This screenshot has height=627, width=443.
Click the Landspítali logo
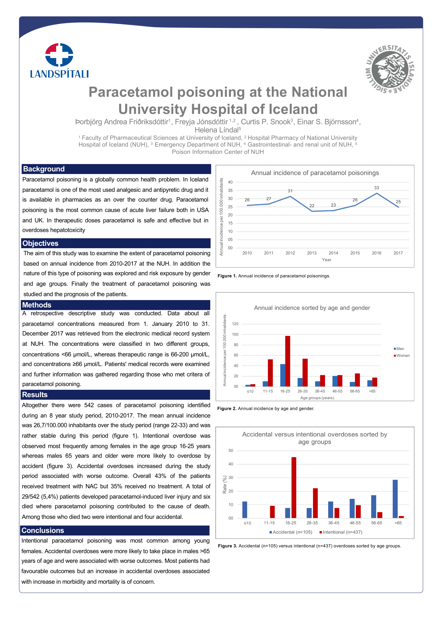pyautogui.click(x=59, y=61)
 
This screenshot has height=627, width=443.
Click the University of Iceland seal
pyautogui.click(x=390, y=69)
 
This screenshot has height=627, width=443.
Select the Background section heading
pyautogui.click(x=44, y=169)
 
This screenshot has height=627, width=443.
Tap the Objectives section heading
pyautogui.click(x=40, y=243)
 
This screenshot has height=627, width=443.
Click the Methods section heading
pyautogui.click(x=37, y=305)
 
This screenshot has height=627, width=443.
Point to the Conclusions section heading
pyautogui.click(x=43, y=530)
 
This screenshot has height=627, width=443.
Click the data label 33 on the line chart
pyautogui.click(x=376, y=188)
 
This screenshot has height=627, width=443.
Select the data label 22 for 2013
pyautogui.click(x=312, y=206)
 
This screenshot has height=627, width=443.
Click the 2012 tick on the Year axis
pyautogui.click(x=290, y=253)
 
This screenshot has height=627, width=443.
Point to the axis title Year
pyautogui.click(x=326, y=260)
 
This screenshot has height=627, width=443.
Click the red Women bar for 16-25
pyautogui.click(x=288, y=361)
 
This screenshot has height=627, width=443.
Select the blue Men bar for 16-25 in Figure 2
pyautogui.click(x=283, y=375)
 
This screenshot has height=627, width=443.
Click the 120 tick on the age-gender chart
pyautogui.click(x=235, y=324)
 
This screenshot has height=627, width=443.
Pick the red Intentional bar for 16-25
pyautogui.click(x=294, y=487)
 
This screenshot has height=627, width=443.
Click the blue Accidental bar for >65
pyautogui.click(x=395, y=499)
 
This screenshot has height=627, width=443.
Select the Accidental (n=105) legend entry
pyautogui.click(x=291, y=532)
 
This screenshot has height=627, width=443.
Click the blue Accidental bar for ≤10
pyautogui.click(x=245, y=510)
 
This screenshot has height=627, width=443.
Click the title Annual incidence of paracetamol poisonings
pyautogui.click(x=315, y=173)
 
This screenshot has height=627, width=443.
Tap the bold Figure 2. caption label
pyautogui.click(x=227, y=409)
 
